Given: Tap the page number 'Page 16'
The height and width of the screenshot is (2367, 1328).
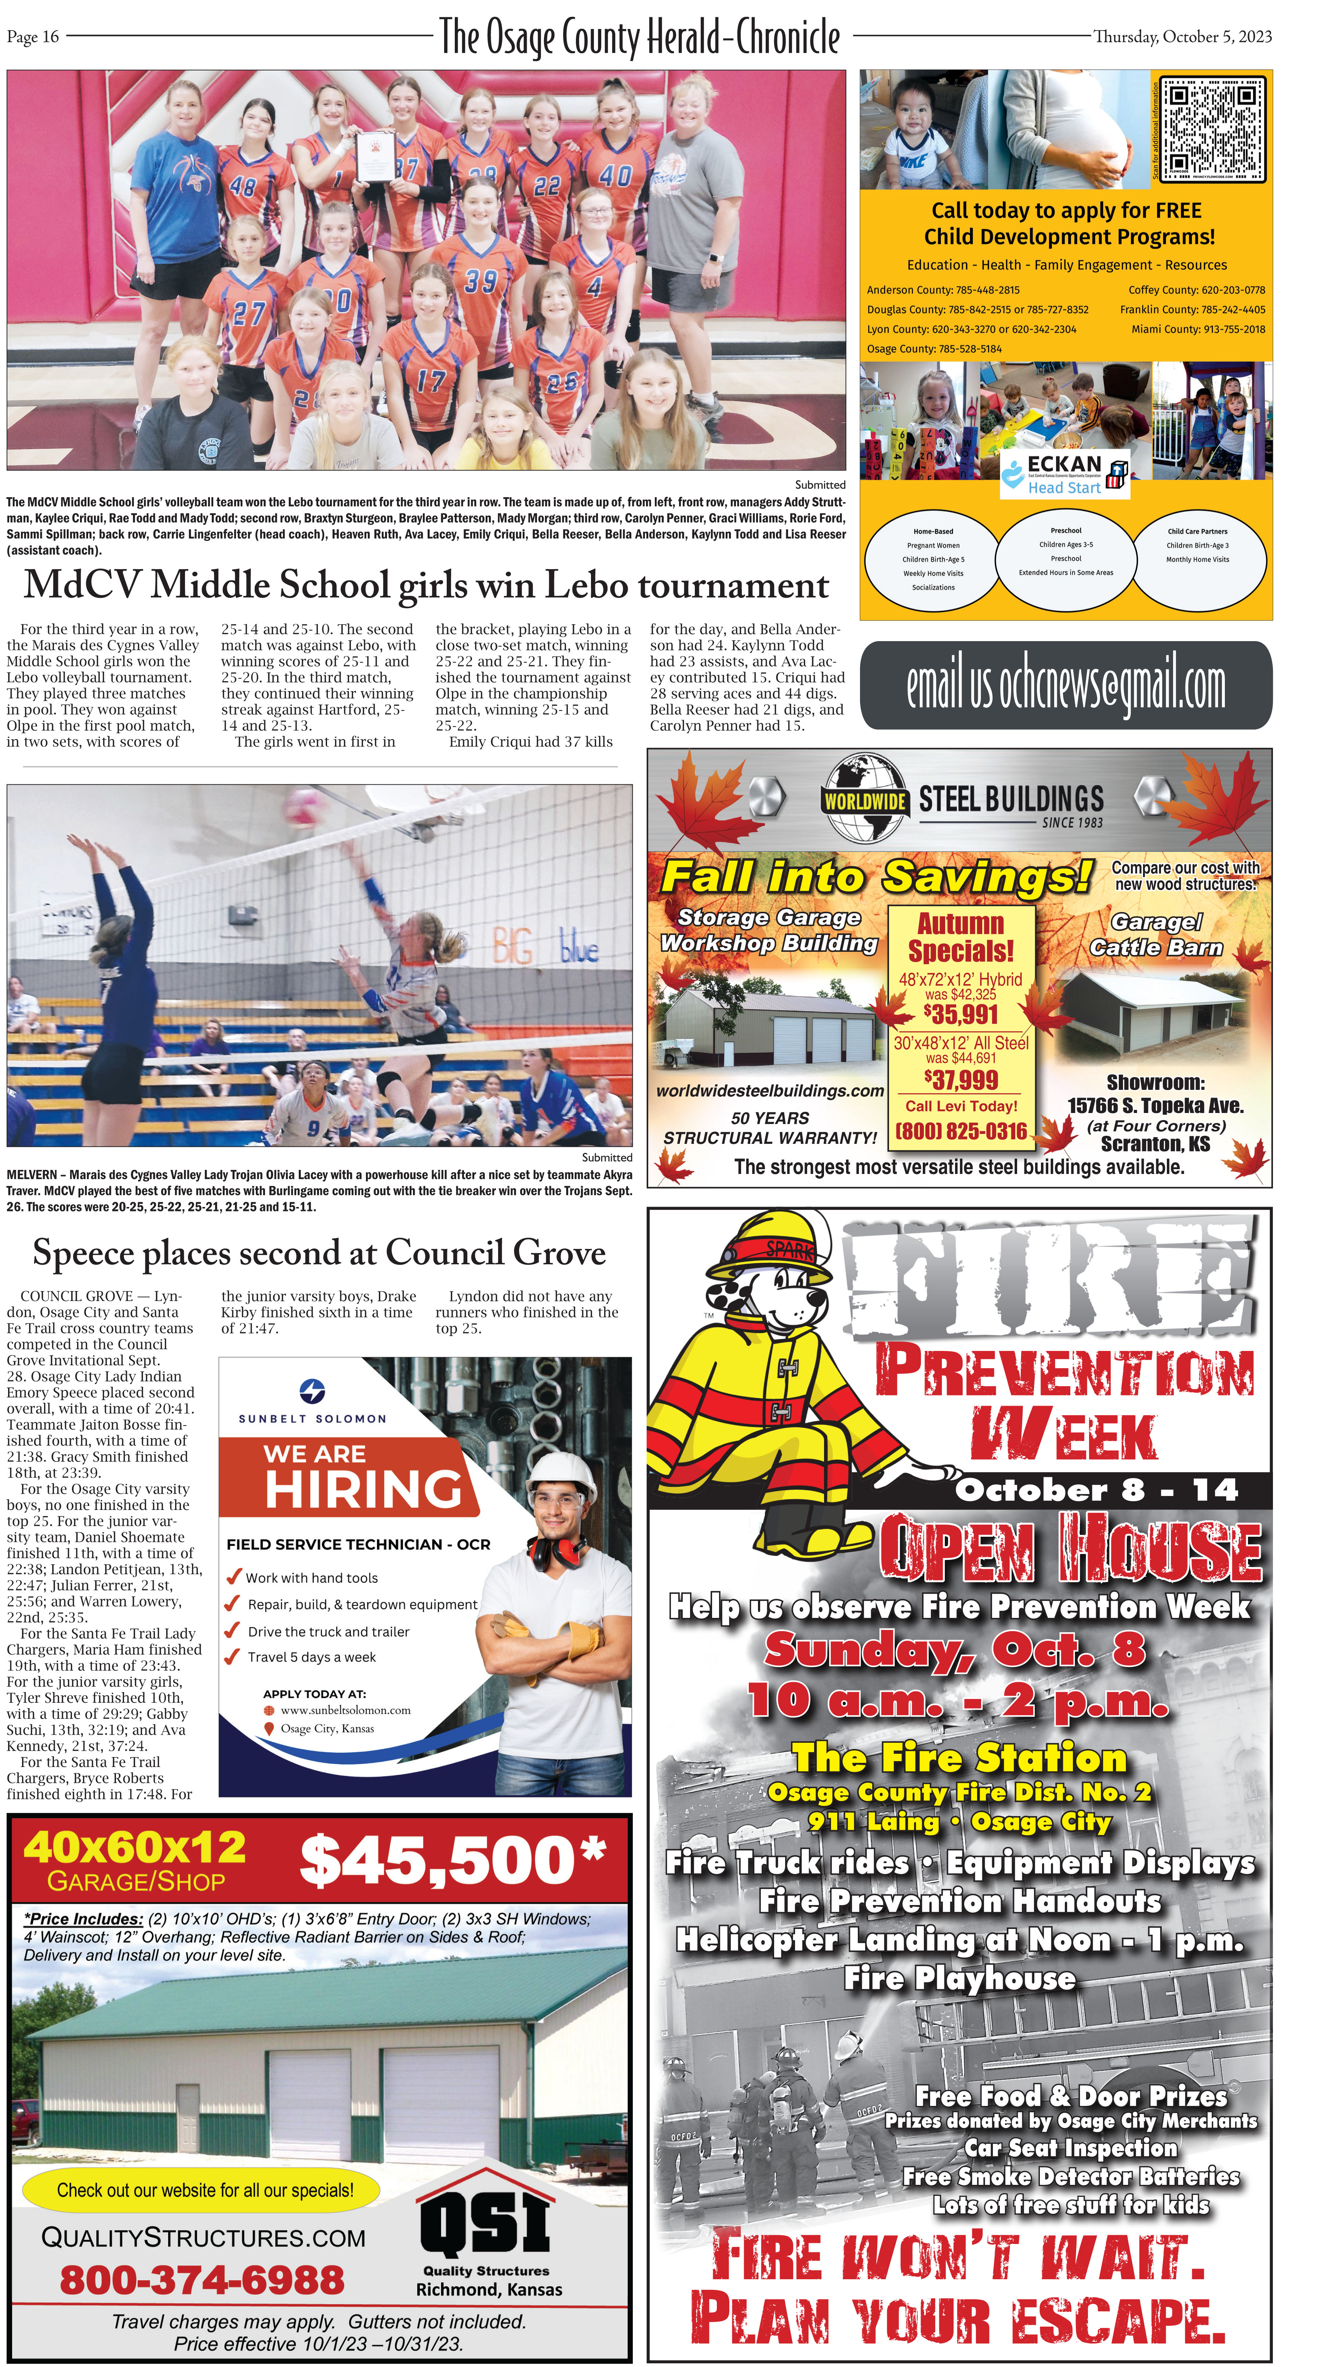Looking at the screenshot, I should coord(33,37).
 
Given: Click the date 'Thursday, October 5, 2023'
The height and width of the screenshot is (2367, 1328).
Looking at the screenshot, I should coord(1182,37).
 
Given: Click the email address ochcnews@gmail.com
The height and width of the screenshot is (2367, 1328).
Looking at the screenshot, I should coord(1065,686).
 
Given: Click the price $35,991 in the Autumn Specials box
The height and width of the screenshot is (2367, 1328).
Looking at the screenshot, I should coord(961,1015).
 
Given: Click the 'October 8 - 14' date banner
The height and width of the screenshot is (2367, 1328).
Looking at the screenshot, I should coord(1096,1489).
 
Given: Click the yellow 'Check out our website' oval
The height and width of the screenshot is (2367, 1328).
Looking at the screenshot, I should coord(205,2190).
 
